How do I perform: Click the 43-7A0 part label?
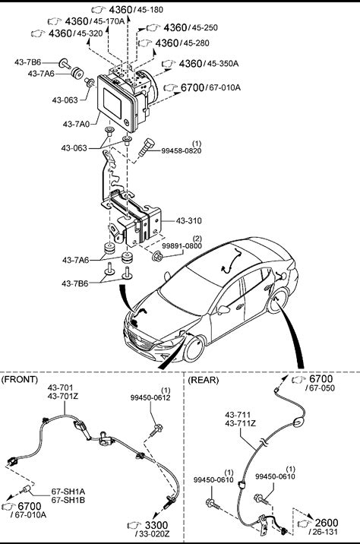[76, 123]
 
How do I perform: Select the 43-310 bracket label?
[188, 220]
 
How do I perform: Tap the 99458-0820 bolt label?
[181, 150]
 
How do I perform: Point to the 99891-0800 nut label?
[182, 246]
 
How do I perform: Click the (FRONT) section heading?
[20, 379]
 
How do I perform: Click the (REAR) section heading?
[204, 380]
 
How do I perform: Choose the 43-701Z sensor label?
[63, 396]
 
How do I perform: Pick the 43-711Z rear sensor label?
[240, 423]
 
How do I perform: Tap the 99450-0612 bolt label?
[150, 397]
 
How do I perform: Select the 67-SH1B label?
[68, 500]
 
